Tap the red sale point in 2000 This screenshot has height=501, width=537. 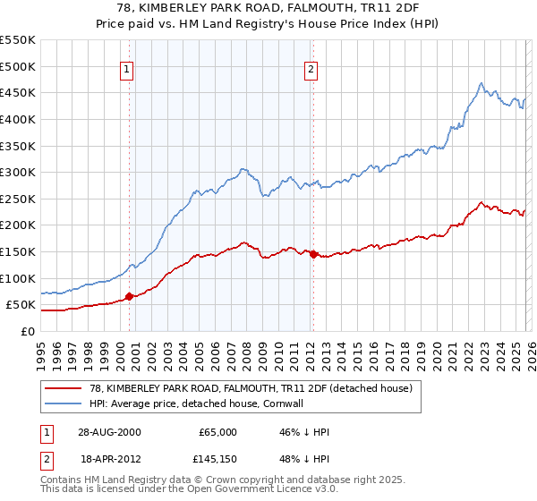[x=129, y=296]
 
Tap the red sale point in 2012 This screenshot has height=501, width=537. [x=312, y=254]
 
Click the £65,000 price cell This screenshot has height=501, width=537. [x=217, y=432]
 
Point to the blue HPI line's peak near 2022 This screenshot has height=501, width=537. [x=481, y=84]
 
